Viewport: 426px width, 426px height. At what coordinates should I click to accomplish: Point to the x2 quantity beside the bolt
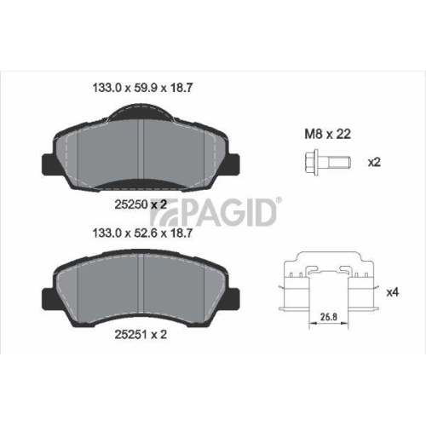[x=372, y=162]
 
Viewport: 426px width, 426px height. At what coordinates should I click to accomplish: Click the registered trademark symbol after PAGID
[x=279, y=199]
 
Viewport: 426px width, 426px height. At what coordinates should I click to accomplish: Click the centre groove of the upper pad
[x=142, y=153]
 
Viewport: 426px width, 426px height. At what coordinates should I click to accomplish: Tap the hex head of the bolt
[x=307, y=162]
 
